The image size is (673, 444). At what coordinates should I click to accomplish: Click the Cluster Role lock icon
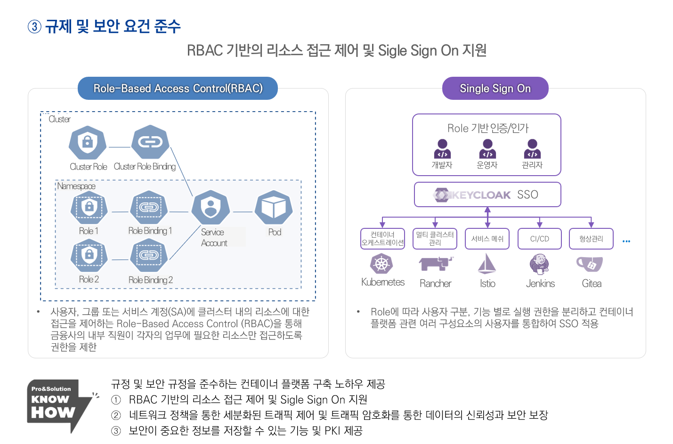tap(88, 142)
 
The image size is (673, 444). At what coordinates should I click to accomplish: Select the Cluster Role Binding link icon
tap(150, 142)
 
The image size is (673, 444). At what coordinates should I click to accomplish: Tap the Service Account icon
tap(211, 207)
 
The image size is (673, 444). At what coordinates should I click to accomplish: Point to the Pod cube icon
tap(274, 207)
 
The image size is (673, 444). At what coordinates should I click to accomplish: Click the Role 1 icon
tap(89, 207)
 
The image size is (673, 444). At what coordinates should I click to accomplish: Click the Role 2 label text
tap(89, 279)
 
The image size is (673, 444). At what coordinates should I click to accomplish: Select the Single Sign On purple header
tap(495, 89)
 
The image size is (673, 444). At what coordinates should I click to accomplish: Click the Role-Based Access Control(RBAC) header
tap(178, 89)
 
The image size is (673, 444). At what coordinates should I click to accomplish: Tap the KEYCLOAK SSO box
tap(487, 194)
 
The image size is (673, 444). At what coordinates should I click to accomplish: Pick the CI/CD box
tap(539, 239)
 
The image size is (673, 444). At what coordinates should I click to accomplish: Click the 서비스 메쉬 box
tap(487, 239)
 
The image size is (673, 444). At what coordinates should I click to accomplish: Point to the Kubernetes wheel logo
tap(381, 264)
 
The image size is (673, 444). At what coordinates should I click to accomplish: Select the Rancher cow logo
tap(436, 264)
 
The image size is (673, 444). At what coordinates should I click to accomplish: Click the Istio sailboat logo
tap(487, 264)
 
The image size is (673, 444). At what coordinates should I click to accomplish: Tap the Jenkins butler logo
tap(539, 264)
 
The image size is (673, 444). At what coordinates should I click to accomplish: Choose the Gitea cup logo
tap(590, 264)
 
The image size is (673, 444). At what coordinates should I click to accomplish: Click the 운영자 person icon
tap(487, 149)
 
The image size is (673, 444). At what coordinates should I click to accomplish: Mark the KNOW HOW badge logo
tap(57, 405)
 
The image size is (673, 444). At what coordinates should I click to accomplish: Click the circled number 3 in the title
tap(34, 27)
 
